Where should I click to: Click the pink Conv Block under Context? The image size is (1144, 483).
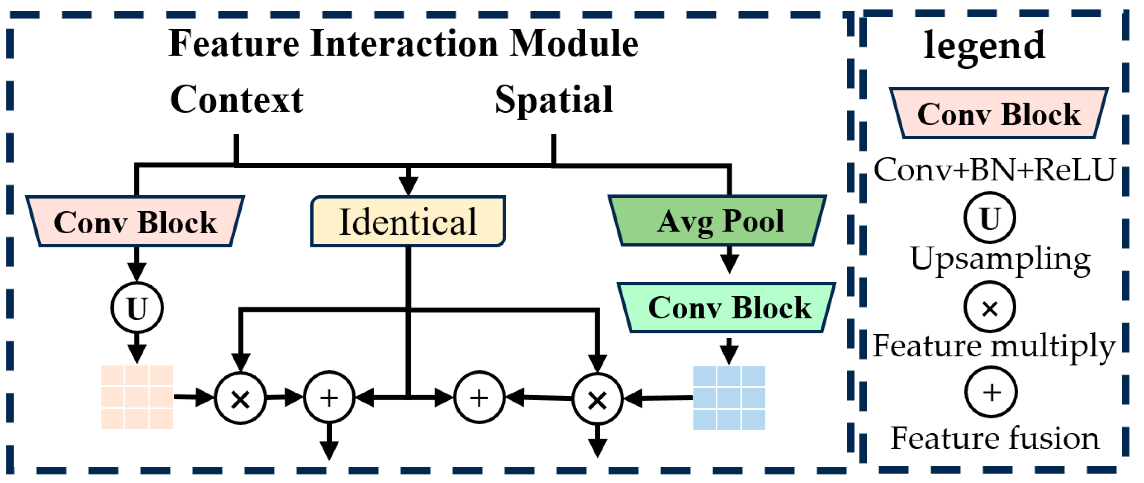(135, 221)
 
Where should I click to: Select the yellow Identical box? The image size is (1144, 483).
(408, 221)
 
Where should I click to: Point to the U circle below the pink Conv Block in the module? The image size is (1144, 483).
(137, 308)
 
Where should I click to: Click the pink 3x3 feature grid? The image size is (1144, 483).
(137, 397)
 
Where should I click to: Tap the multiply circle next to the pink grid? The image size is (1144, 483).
(240, 398)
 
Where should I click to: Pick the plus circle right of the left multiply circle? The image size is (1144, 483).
(329, 397)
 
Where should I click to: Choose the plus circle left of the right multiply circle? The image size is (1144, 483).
(479, 397)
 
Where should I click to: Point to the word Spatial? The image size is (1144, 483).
(554, 100)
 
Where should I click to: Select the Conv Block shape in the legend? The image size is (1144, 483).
(998, 114)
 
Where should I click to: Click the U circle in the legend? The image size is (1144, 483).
(989, 218)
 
